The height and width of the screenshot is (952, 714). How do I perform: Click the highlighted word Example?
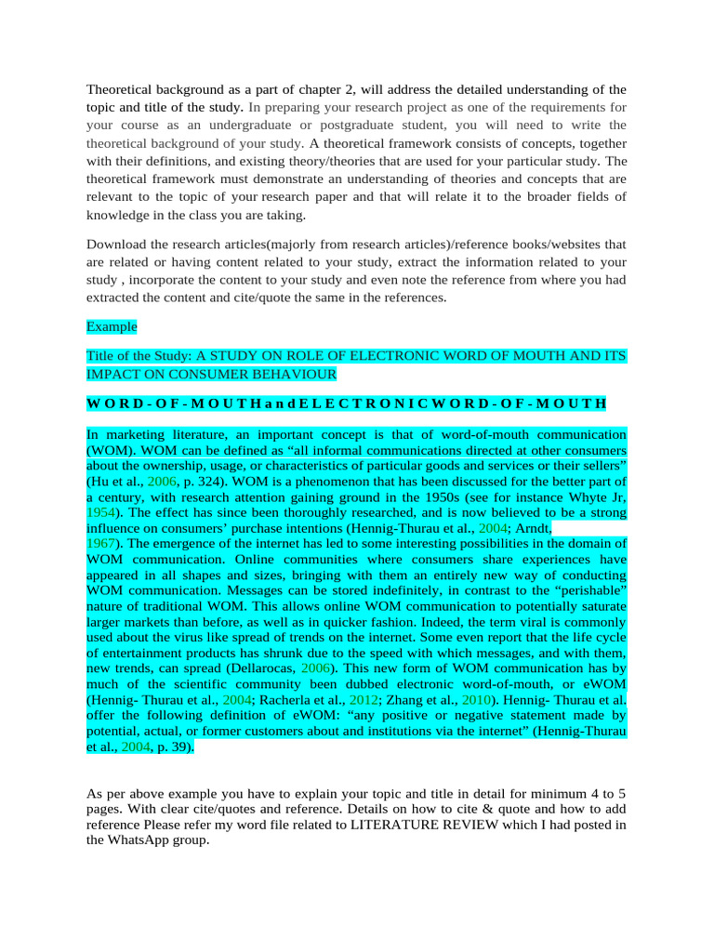click(x=112, y=326)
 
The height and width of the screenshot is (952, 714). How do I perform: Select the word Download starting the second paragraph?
click(x=117, y=245)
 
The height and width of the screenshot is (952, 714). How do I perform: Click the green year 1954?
click(x=101, y=512)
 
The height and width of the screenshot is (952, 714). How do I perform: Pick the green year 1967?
click(x=101, y=542)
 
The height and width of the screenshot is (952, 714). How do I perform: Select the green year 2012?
click(x=364, y=699)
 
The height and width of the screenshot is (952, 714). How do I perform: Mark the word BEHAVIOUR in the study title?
click(x=292, y=374)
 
